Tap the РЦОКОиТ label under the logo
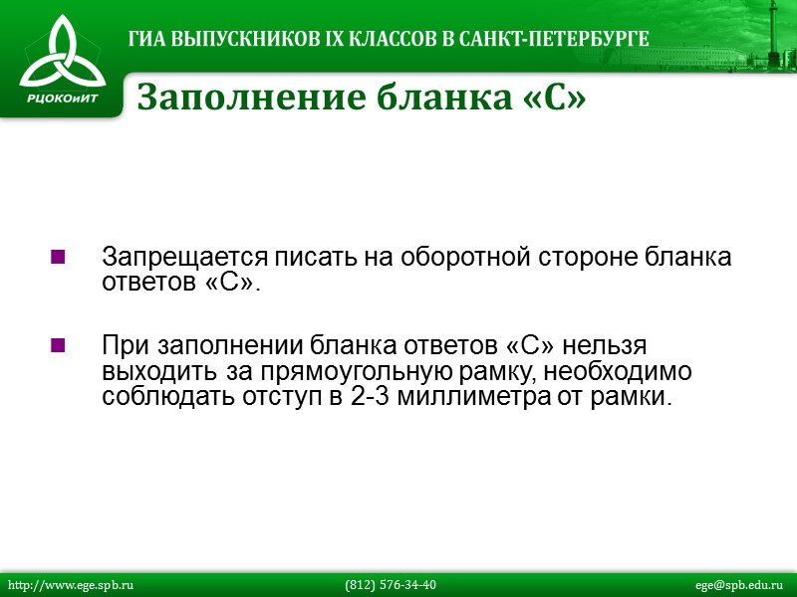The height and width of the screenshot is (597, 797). (62, 99)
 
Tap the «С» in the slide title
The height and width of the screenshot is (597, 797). (554, 98)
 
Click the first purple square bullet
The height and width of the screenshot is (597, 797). (57, 258)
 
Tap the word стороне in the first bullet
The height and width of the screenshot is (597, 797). (589, 257)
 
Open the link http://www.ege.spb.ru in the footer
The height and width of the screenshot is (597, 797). (71, 585)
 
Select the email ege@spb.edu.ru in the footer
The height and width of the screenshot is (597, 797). (739, 585)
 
